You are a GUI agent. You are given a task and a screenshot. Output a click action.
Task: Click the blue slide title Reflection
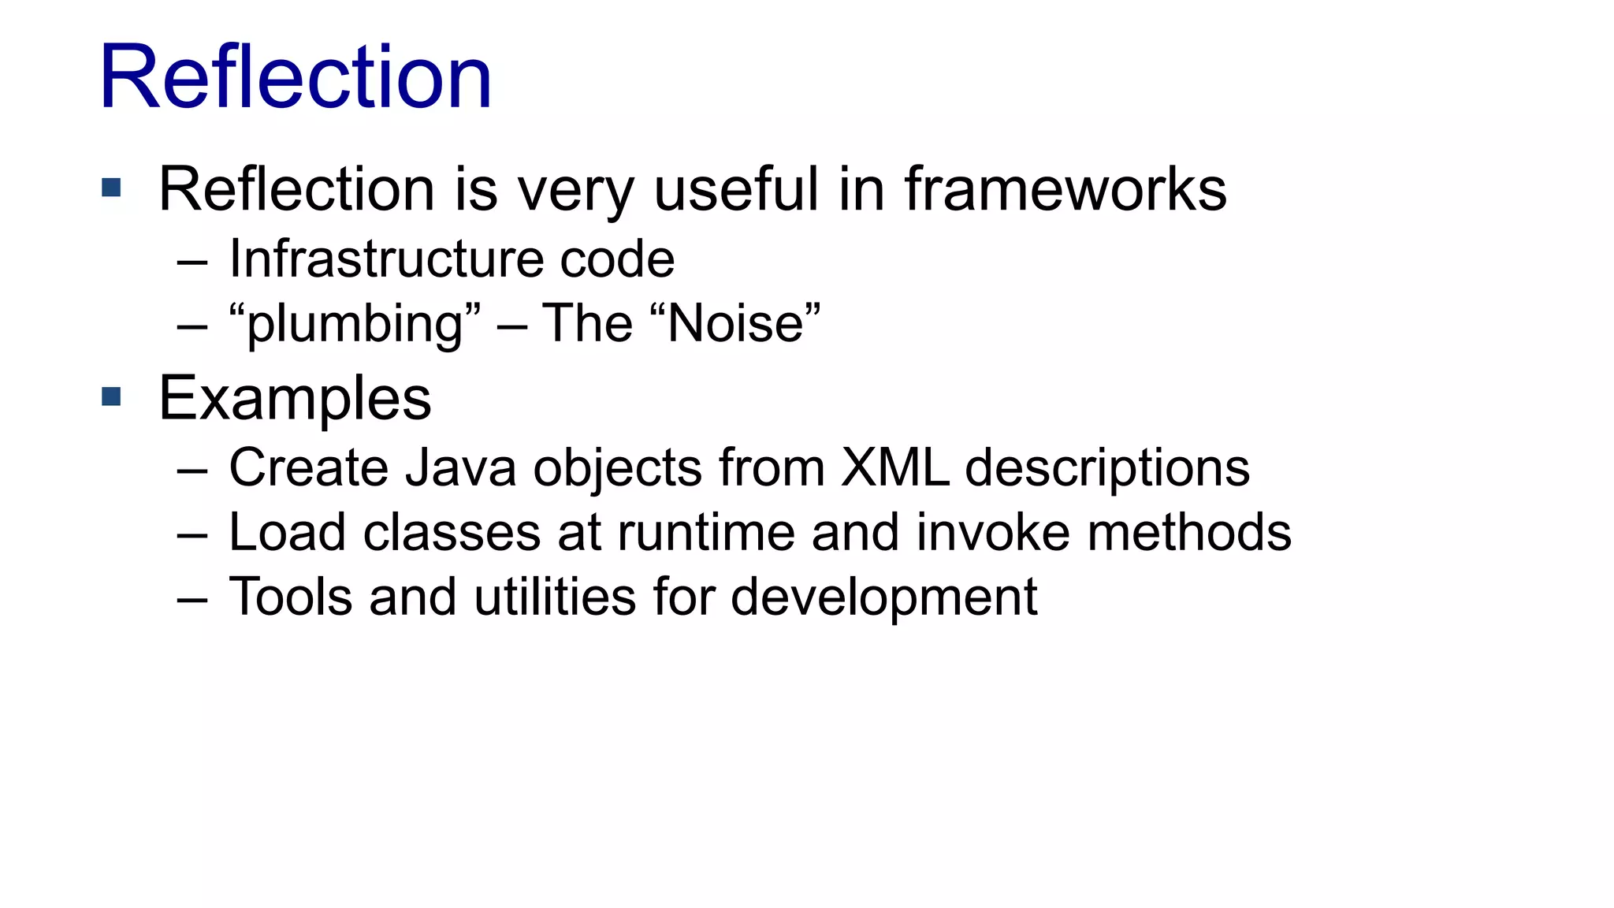coord(296,77)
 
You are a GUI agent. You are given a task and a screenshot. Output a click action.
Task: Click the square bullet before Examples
coord(111,396)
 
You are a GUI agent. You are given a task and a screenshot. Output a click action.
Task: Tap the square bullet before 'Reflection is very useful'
coord(111,188)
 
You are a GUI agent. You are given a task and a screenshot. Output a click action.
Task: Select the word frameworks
coord(1065,189)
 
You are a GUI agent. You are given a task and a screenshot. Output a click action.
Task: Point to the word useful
coord(736,189)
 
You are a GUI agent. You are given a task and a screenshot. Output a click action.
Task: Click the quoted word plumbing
coord(355,324)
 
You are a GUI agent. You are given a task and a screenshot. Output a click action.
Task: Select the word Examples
coord(295,399)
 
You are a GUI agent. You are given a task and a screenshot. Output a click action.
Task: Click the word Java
coord(461,467)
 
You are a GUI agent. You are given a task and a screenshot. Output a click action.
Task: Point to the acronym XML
coord(894,467)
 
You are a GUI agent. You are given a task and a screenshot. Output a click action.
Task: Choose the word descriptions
coord(1107,469)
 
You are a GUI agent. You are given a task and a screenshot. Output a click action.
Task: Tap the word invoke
coord(993,532)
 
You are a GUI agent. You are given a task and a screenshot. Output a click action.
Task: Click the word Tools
coord(291,597)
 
